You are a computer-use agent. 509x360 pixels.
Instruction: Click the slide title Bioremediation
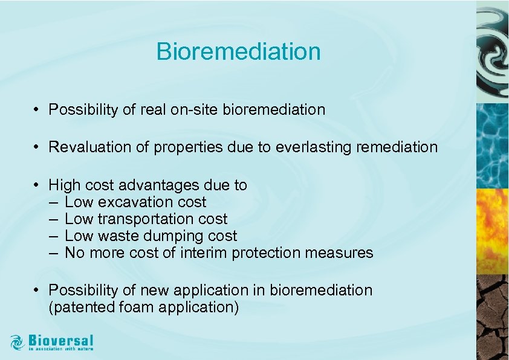pos(238,51)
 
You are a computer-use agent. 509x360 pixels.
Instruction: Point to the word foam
pos(137,307)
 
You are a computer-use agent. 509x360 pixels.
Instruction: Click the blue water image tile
pos(492,145)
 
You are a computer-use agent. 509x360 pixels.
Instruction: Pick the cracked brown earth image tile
pos(492,317)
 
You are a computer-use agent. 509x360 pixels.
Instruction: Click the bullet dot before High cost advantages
pos(37,185)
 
